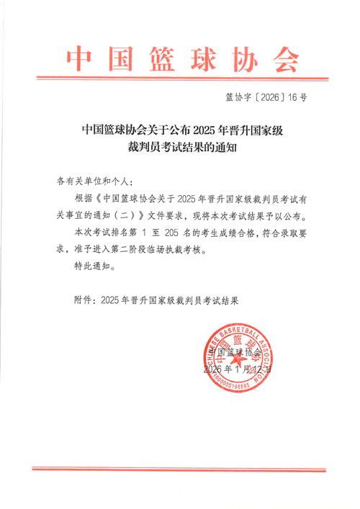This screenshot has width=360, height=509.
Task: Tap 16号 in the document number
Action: (x=299, y=101)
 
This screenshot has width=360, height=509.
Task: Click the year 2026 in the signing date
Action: (x=215, y=369)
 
